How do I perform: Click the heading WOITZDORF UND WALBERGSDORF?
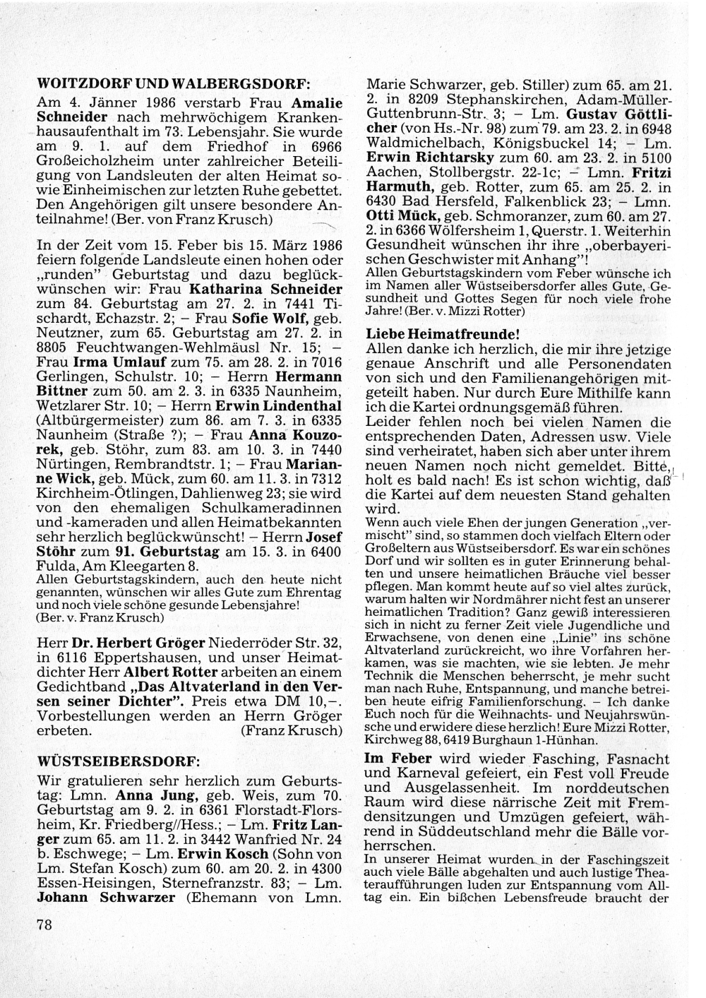coord(174,82)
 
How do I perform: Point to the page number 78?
coord(44,926)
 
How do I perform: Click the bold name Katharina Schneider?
coord(266,289)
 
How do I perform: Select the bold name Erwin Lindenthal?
coord(278,405)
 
